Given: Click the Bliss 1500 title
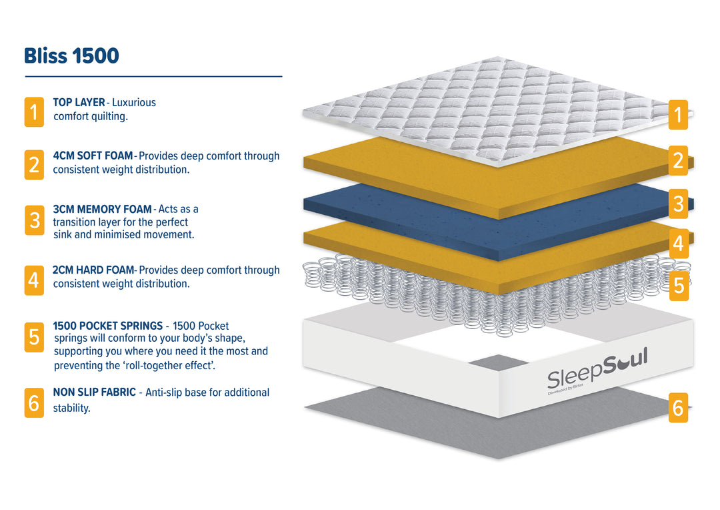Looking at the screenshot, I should click(x=71, y=56).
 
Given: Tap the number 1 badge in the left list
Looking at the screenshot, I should click(x=34, y=111).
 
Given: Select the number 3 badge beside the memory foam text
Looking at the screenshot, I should click(x=34, y=220).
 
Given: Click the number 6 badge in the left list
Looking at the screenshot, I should click(x=34, y=403).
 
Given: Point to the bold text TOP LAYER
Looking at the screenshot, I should click(x=79, y=103).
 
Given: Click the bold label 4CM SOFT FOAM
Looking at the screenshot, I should click(x=93, y=156).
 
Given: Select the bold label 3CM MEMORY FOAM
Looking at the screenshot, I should click(x=102, y=209).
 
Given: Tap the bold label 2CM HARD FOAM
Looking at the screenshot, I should click(x=93, y=270).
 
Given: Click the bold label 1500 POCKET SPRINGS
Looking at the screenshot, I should click(x=107, y=326).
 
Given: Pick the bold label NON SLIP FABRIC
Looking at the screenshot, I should click(x=94, y=393).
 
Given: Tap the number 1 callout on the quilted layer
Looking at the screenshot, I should click(x=678, y=115).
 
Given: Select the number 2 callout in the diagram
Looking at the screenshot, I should click(x=678, y=160).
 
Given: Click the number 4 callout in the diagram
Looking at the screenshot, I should click(x=678, y=244).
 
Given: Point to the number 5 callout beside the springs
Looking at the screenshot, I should click(x=678, y=286).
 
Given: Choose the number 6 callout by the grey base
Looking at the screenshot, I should click(x=678, y=407).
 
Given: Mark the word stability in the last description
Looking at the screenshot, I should click(x=71, y=408).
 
